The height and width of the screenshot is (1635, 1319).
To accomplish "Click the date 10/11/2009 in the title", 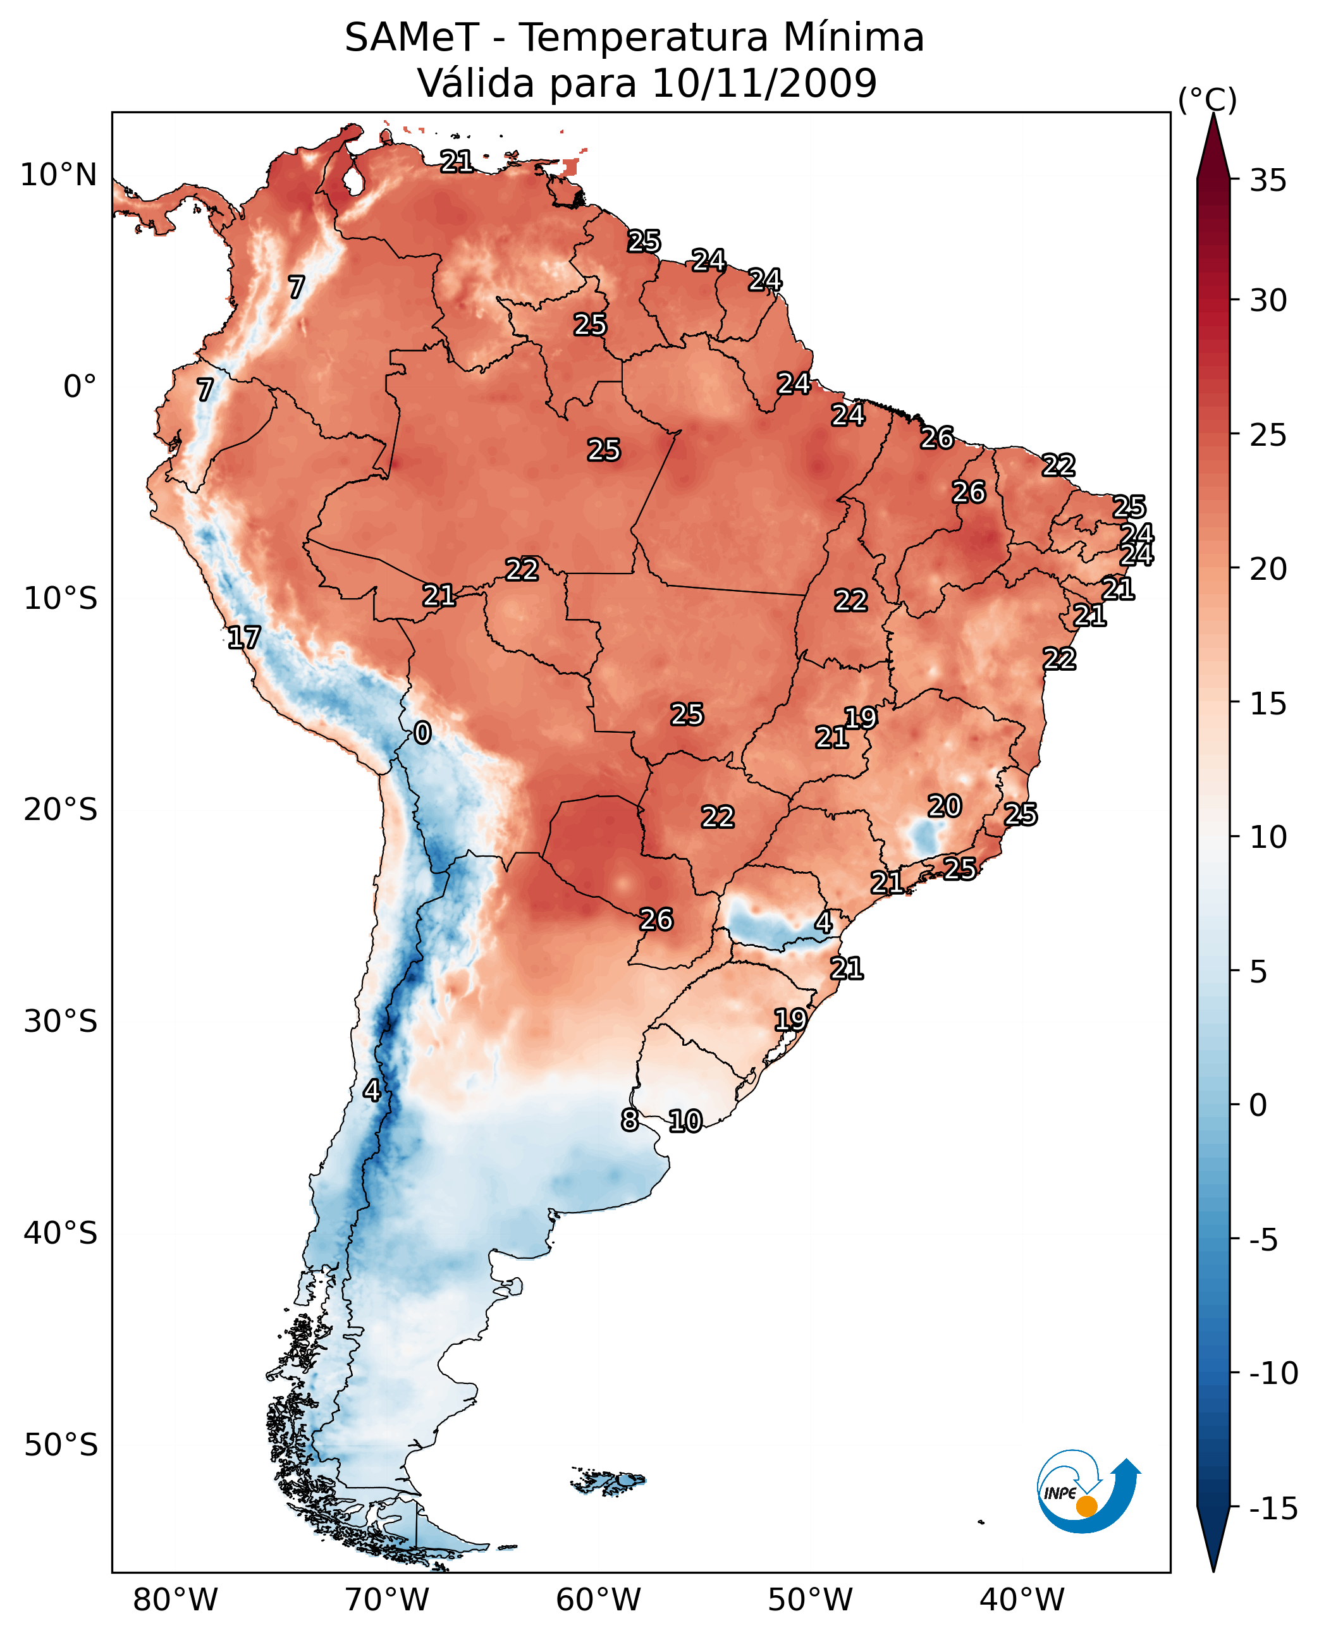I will click(764, 83).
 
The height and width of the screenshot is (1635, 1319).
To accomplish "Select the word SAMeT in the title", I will click(411, 37).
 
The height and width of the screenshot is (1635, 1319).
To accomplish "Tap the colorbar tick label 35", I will click(1268, 181).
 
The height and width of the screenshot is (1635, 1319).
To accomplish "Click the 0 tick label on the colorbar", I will click(1258, 1105).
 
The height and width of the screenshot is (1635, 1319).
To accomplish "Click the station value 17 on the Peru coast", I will click(244, 637).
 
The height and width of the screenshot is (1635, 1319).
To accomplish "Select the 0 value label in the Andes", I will click(422, 733).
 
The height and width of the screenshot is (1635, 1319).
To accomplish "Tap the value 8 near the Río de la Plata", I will click(629, 1120).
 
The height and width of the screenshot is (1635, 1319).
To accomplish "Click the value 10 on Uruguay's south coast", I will click(685, 1122).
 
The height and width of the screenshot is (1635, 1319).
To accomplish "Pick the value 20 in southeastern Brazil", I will click(945, 806).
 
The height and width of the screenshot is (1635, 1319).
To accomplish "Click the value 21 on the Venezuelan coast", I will click(457, 161).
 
